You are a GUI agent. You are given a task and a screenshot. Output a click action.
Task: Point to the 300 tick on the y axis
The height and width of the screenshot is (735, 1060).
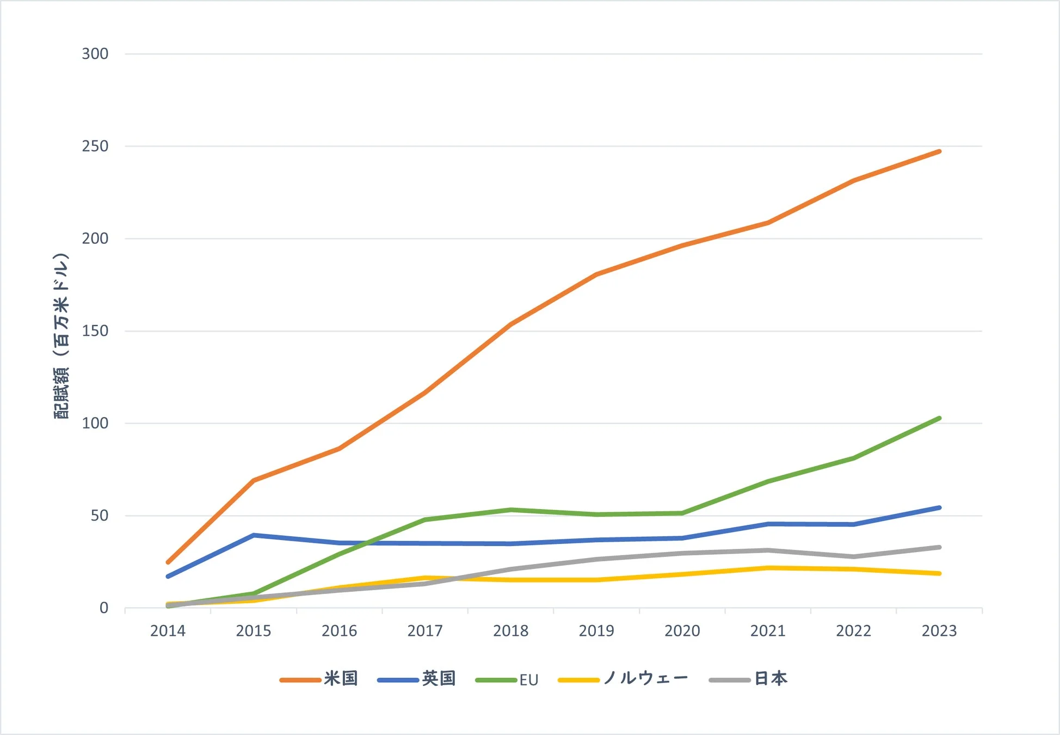pos(95,54)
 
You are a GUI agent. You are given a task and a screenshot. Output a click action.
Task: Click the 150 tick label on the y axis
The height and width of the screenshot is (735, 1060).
pos(95,331)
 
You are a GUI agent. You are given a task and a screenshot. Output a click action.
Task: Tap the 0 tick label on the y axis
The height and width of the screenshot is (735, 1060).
pos(103,608)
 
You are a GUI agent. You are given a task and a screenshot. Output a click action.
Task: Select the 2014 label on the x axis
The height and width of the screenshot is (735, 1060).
pos(168,631)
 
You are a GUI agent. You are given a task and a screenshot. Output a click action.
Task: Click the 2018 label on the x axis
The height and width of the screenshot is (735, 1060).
pos(510,631)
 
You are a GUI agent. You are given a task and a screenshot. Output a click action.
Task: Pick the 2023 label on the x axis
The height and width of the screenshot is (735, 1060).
pos(939,631)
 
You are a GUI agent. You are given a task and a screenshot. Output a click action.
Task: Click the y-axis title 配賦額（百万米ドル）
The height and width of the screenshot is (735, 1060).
pos(61,336)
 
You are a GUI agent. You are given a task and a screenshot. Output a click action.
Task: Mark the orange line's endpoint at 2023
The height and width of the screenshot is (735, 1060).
pos(939,151)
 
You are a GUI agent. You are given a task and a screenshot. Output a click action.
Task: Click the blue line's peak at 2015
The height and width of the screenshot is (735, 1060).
pos(254,535)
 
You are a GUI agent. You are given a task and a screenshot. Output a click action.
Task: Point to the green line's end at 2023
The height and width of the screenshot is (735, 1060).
pos(939,418)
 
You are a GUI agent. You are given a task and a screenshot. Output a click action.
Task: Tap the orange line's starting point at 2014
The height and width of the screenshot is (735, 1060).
pos(168,562)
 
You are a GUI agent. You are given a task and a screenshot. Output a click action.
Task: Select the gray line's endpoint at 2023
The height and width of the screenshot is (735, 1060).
pos(939,547)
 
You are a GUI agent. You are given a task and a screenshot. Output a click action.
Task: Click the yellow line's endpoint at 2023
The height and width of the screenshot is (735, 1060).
pos(939,573)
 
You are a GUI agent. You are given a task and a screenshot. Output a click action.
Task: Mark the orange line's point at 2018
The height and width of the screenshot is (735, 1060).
pos(510,324)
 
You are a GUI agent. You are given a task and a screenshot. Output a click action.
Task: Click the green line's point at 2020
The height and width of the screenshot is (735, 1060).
pos(682,513)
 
